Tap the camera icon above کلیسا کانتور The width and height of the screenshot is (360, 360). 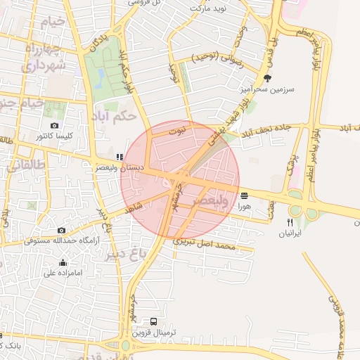(55, 125)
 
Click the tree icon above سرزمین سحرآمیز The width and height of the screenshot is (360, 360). (266, 78)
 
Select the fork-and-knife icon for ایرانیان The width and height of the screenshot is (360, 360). (289, 221)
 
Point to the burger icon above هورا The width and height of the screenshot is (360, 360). (244, 195)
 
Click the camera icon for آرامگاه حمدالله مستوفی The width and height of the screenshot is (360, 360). (62, 231)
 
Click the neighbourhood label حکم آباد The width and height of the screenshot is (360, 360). (107, 116)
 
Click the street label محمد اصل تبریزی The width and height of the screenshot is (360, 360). (214, 246)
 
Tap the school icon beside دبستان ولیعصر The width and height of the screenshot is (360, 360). (120, 157)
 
